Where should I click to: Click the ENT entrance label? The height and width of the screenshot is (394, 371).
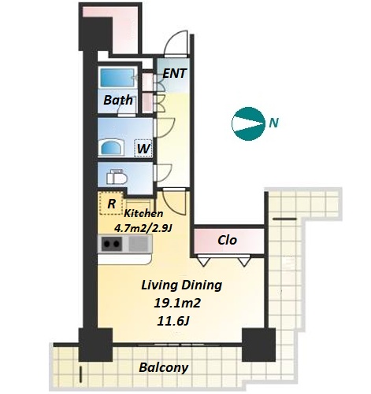point(175,73)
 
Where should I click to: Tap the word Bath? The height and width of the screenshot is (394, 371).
point(118,100)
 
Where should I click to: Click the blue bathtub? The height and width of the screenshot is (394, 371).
point(117,77)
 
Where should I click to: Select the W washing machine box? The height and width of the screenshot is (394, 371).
point(143,148)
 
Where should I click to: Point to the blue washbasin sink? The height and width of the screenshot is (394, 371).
point(112,147)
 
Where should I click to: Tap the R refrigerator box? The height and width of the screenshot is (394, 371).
point(112,203)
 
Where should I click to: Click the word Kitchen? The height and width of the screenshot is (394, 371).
point(143,213)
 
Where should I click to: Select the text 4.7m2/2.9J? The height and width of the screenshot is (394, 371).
point(143,228)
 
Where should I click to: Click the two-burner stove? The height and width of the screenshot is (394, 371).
point(112,244)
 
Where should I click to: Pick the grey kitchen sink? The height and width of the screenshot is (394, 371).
point(139,244)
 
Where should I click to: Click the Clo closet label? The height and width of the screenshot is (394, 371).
point(228,240)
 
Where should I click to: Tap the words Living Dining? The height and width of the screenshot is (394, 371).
point(182,285)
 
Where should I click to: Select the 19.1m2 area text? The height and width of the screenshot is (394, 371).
point(177,304)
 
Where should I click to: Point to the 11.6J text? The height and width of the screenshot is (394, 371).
point(173,321)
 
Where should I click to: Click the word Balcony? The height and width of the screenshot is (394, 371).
point(164,367)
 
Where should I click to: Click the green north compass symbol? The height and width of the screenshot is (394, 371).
point(248,123)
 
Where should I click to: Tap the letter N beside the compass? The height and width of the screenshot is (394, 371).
point(274,123)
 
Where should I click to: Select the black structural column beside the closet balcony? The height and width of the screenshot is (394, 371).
point(258,344)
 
